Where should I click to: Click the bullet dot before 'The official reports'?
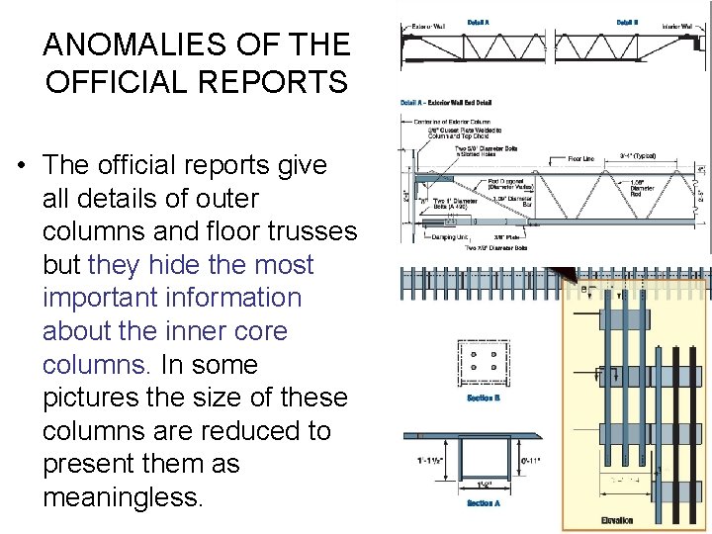coord(21,165)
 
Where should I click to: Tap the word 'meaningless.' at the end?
coord(123,497)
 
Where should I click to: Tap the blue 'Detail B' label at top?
coord(627,21)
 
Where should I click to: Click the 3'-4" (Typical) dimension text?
coord(637,156)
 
